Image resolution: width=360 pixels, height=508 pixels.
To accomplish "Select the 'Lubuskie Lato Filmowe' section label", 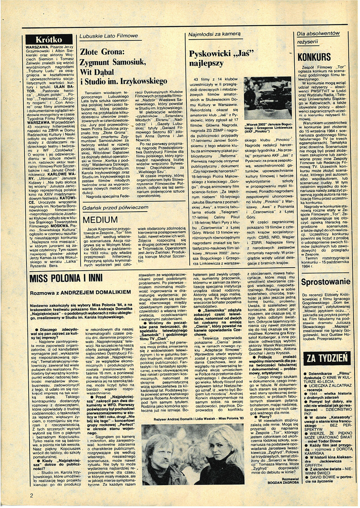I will pos(108,37).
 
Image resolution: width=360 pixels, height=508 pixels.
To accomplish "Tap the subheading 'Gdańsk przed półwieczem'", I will pos(115,208).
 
